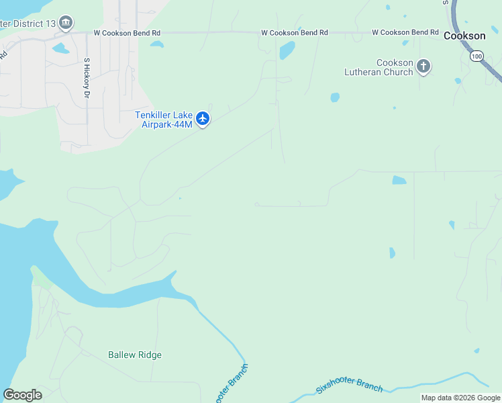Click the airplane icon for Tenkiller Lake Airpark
point(203,120)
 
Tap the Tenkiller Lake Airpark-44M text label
point(164,120)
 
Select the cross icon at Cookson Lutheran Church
point(423,66)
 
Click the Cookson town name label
point(464,36)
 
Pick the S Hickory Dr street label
point(87,78)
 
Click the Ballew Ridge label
point(135,355)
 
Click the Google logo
point(22,395)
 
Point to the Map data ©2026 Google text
point(461,398)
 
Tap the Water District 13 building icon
point(66,24)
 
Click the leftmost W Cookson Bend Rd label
point(127,32)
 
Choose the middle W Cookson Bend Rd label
point(294,32)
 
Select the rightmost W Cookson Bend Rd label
point(405,32)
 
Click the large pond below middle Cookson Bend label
point(287,50)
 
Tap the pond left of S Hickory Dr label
point(60,48)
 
